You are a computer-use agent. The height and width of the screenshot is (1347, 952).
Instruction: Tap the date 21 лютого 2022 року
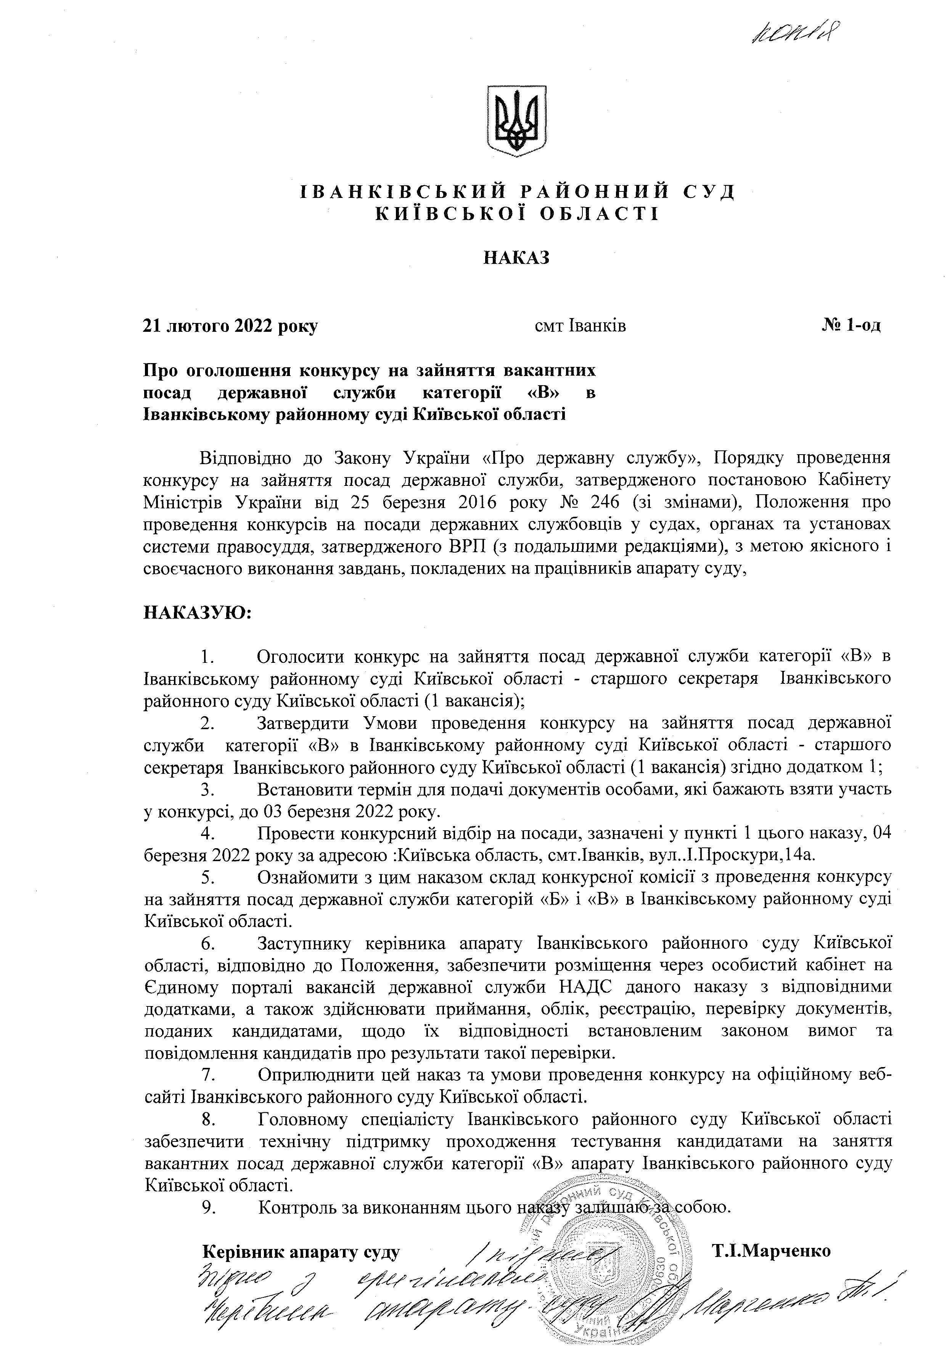pos(230,326)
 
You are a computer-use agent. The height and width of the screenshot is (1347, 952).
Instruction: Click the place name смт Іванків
pos(580,326)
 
